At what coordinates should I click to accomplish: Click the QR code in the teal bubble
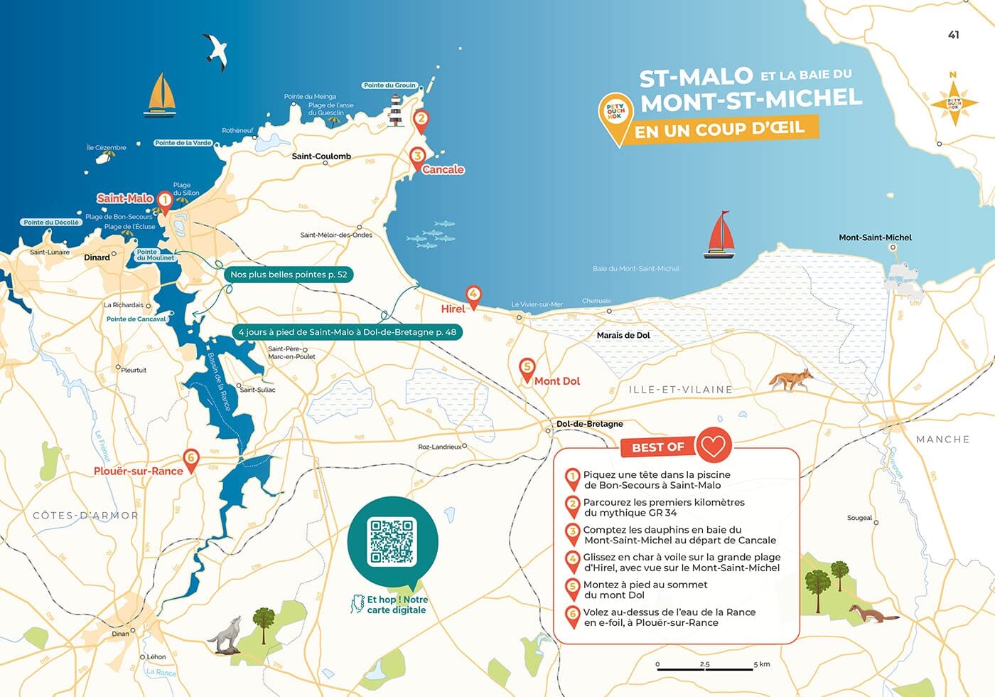[392, 542]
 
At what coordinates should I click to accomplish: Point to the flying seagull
[216, 51]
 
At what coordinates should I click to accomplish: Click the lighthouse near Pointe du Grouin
[396, 112]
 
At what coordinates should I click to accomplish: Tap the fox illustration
[791, 380]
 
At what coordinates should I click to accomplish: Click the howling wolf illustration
[227, 635]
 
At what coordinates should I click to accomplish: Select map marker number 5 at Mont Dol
[527, 369]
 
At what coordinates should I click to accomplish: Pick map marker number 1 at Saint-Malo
[164, 202]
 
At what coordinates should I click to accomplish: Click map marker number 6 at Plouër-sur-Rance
[190, 459]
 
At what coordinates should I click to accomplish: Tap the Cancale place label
[443, 169]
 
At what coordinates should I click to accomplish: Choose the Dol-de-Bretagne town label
[589, 424]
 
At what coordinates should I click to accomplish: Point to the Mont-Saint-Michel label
[875, 238]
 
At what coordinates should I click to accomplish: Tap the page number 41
[954, 35]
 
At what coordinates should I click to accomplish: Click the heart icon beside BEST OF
[713, 446]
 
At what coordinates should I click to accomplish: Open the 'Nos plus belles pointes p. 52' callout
[289, 275]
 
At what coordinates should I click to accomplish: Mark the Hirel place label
[453, 309]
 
